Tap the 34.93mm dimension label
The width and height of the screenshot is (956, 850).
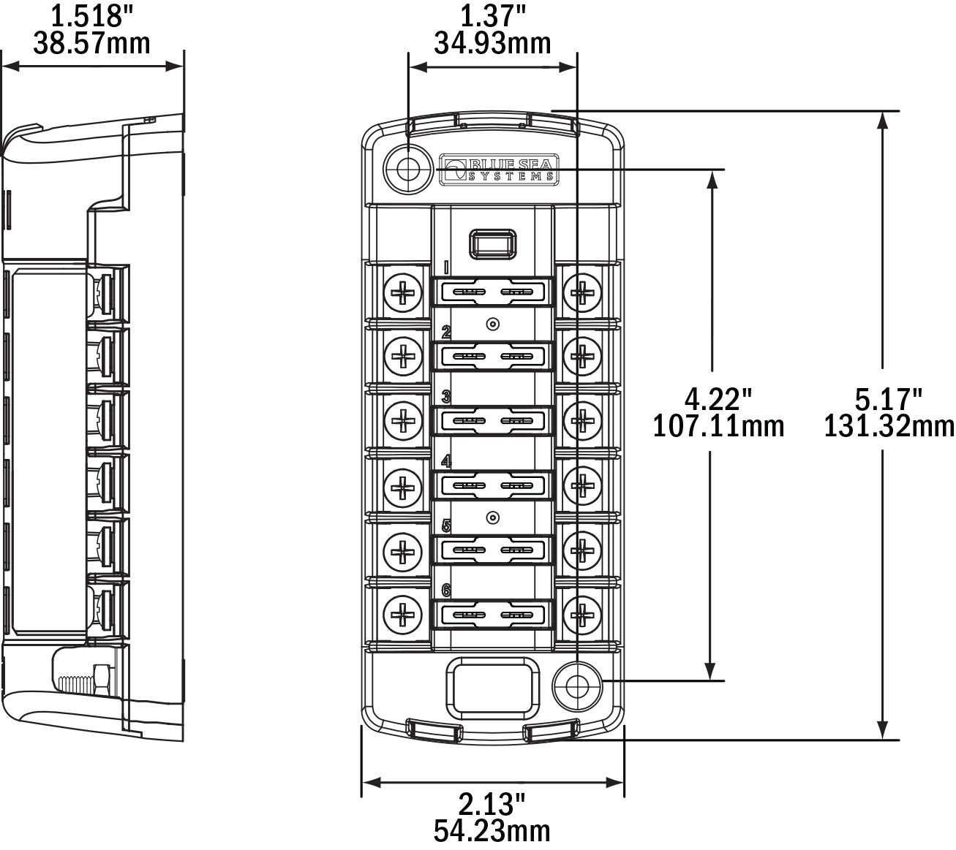[x=492, y=44]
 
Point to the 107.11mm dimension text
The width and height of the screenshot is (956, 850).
[x=718, y=425]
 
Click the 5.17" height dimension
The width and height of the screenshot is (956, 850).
[x=889, y=399]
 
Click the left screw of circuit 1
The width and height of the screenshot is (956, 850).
[x=403, y=293]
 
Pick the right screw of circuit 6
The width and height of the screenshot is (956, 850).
[x=583, y=613]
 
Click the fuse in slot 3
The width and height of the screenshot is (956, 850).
[x=493, y=422]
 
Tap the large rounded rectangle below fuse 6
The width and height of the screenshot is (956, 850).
[x=492, y=686]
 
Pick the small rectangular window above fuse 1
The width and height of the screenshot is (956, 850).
[x=493, y=243]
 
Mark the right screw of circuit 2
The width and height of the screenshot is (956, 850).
[x=583, y=357]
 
